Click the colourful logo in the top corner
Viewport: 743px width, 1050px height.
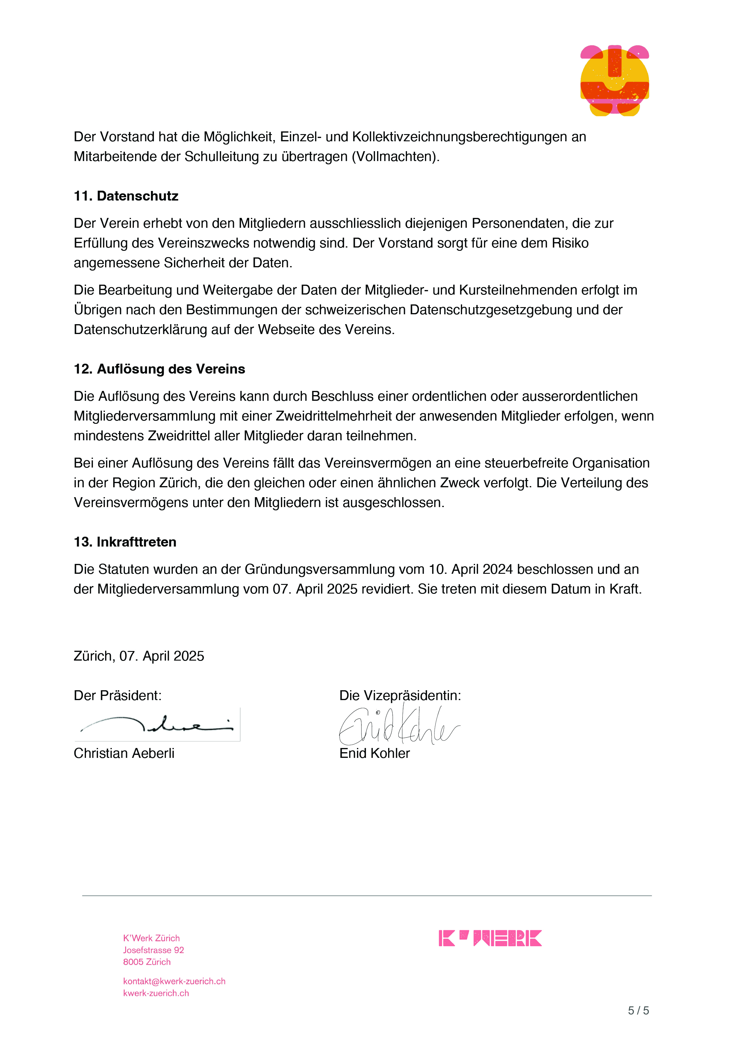click(x=615, y=81)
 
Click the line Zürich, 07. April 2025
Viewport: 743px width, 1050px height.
click(x=139, y=656)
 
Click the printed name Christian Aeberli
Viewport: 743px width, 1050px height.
click(x=124, y=753)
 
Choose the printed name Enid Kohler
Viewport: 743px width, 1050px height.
click(x=374, y=753)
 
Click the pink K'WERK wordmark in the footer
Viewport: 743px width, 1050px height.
click(x=490, y=938)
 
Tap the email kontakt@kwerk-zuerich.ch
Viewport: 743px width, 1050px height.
click(x=174, y=981)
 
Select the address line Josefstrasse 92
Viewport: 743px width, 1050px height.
click(x=153, y=950)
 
